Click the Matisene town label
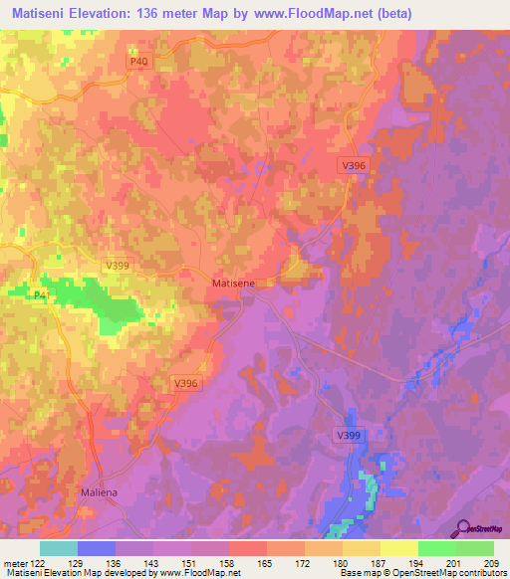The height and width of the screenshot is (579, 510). click(234, 284)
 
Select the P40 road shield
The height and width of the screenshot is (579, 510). click(138, 62)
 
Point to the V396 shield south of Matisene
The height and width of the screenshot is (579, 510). click(186, 383)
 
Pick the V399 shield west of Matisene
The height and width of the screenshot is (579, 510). click(118, 266)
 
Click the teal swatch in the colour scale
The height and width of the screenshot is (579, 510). click(59, 548)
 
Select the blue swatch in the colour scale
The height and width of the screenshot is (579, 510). click(97, 548)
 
